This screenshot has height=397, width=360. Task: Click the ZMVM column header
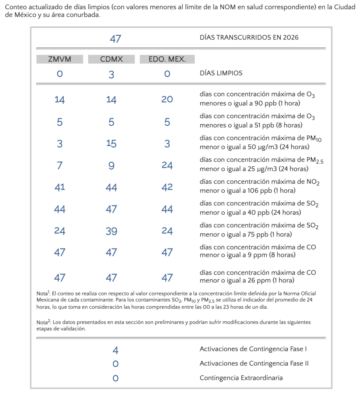coord(59,59)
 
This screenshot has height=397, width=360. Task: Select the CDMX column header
coord(111,59)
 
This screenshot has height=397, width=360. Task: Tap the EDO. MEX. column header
coord(167,59)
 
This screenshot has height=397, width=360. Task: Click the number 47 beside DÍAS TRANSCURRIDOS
coord(115,39)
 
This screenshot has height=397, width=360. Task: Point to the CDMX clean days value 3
coord(111,74)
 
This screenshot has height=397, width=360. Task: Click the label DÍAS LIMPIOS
coord(221,73)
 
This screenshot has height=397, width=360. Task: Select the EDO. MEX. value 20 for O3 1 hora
coord(167,99)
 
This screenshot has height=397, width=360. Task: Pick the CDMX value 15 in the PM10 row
coord(111,144)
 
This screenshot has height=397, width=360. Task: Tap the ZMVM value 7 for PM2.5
coord(59,166)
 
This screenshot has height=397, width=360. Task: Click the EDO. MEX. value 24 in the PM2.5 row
coord(167,166)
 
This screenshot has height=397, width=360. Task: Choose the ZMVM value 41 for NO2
coord(60,187)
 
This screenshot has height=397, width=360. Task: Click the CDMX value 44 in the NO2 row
coord(111,188)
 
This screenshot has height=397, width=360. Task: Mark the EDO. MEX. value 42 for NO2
coord(167,187)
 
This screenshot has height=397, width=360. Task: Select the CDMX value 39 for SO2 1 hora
coord(111,231)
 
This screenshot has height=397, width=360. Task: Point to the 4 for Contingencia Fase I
coord(115,350)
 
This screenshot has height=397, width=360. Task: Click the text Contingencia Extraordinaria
coord(241,378)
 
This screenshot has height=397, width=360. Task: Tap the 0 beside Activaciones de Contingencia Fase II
coord(115,364)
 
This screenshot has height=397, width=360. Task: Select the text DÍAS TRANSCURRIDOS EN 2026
coord(249,38)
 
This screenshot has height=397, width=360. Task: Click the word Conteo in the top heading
coord(16,7)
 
